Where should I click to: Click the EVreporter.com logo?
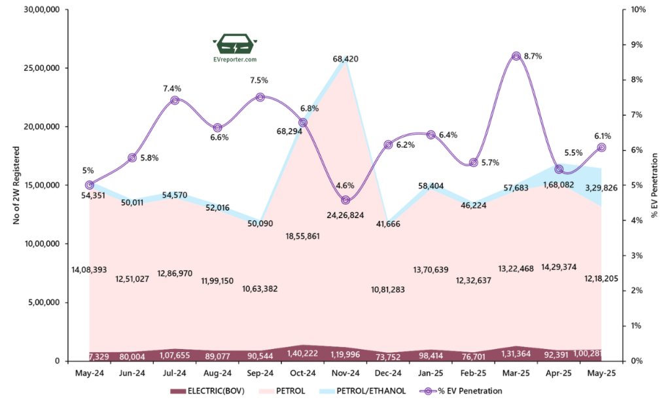click(x=234, y=48)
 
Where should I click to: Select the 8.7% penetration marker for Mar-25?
click(x=516, y=56)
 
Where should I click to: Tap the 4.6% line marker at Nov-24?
click(x=345, y=200)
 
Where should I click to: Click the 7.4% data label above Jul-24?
click(x=174, y=88)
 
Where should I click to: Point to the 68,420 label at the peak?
click(x=345, y=59)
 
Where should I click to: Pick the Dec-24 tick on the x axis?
click(x=388, y=373)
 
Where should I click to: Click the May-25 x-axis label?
click(x=601, y=373)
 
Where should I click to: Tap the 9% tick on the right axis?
click(x=637, y=45)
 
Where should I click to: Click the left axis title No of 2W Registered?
click(x=17, y=186)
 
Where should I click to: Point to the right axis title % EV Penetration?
click(x=659, y=186)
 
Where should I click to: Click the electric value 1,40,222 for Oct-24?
click(x=303, y=353)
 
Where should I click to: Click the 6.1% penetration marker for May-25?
click(x=601, y=148)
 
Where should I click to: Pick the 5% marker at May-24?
click(x=90, y=185)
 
